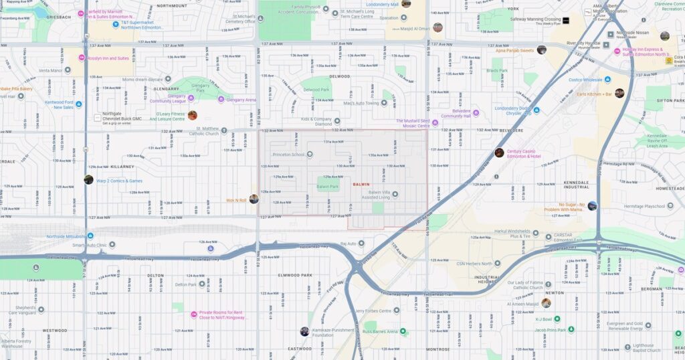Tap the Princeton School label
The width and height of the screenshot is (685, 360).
pos(288,155)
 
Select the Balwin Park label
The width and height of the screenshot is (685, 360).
pos(327,187)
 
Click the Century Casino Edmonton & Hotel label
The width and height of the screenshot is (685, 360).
pos(523,153)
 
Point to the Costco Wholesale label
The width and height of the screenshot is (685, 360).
pos(585,80)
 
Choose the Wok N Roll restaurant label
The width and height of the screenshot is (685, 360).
pos(236,199)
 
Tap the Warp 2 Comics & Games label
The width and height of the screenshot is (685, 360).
pos(119,181)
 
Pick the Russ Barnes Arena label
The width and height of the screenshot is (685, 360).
pos(380,331)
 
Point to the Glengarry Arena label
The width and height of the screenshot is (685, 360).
pos(241,100)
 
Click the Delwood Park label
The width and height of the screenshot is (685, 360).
pos(316,89)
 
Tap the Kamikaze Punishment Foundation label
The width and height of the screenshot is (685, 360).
pos(332,332)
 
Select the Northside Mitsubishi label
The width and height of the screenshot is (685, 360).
pos(66,236)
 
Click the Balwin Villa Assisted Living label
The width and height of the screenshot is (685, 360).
pos(374,195)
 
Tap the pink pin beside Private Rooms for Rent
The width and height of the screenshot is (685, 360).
pos(194,314)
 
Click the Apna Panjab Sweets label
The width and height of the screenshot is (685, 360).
pos(514,50)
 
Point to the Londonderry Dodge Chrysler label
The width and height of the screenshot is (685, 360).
pos(512,110)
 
